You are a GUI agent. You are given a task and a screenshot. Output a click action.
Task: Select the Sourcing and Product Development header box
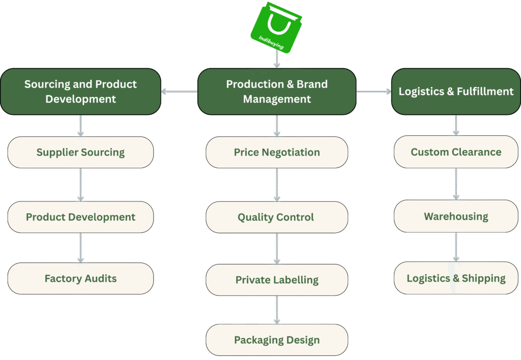(80, 92)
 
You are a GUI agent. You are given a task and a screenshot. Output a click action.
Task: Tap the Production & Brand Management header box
(277, 92)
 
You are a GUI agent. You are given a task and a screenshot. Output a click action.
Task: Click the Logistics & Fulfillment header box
(456, 92)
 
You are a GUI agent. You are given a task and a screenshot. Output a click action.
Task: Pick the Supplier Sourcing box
(80, 152)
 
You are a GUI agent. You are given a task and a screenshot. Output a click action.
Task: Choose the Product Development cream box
(80, 217)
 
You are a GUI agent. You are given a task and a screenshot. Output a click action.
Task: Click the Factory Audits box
(80, 278)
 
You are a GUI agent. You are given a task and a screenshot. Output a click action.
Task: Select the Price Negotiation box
(277, 152)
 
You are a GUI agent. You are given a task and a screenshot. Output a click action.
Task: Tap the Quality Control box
(277, 217)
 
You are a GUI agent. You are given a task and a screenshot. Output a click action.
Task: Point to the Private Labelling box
(277, 280)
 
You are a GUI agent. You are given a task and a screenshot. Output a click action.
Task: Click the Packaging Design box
(277, 340)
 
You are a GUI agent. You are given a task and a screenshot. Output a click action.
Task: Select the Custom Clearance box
(456, 152)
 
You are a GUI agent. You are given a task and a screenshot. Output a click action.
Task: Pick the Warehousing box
(456, 216)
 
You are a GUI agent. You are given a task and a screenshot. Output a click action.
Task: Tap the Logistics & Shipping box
(456, 278)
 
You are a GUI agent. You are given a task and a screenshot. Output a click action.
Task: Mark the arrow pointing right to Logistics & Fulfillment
(374, 92)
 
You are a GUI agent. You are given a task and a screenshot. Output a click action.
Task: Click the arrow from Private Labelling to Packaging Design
(277, 310)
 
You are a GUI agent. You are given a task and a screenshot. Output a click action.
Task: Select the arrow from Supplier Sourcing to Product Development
(80, 185)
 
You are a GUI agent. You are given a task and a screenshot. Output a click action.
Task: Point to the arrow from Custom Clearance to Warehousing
(456, 184)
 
